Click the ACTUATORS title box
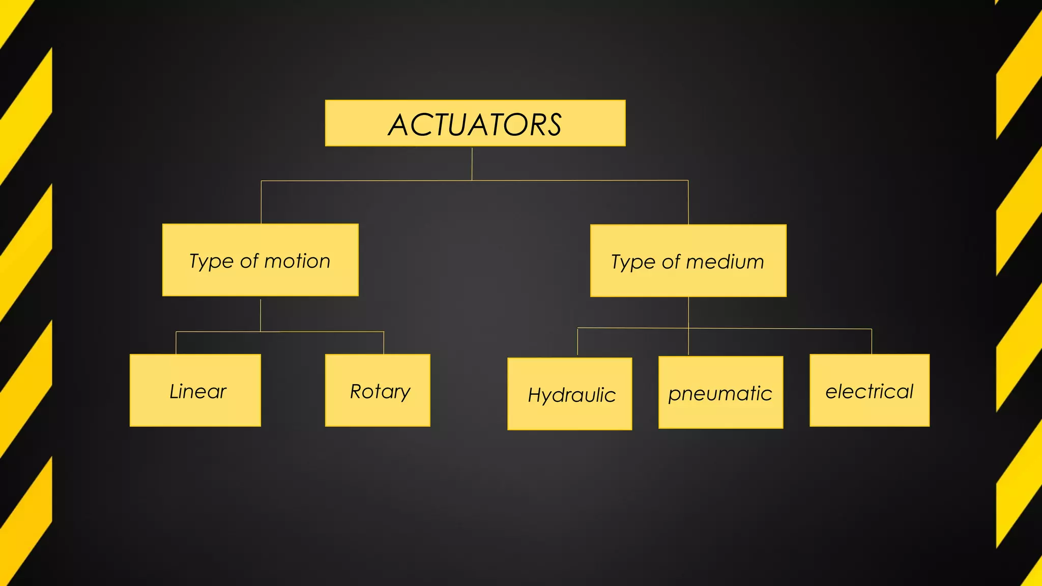(x=475, y=123)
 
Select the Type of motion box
(x=260, y=259)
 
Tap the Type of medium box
(x=688, y=260)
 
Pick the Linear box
(x=195, y=390)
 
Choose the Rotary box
(x=378, y=390)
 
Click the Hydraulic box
(x=569, y=394)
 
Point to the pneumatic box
(x=720, y=392)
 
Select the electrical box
(x=869, y=390)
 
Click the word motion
(x=297, y=261)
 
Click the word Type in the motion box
(x=211, y=261)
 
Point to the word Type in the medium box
(x=632, y=262)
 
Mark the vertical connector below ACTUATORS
(x=472, y=163)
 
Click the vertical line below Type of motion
(x=260, y=315)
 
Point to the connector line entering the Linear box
(x=176, y=343)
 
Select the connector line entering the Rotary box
(x=384, y=343)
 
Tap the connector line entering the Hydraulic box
(x=577, y=342)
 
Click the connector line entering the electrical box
(x=872, y=341)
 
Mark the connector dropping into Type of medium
(x=688, y=202)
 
